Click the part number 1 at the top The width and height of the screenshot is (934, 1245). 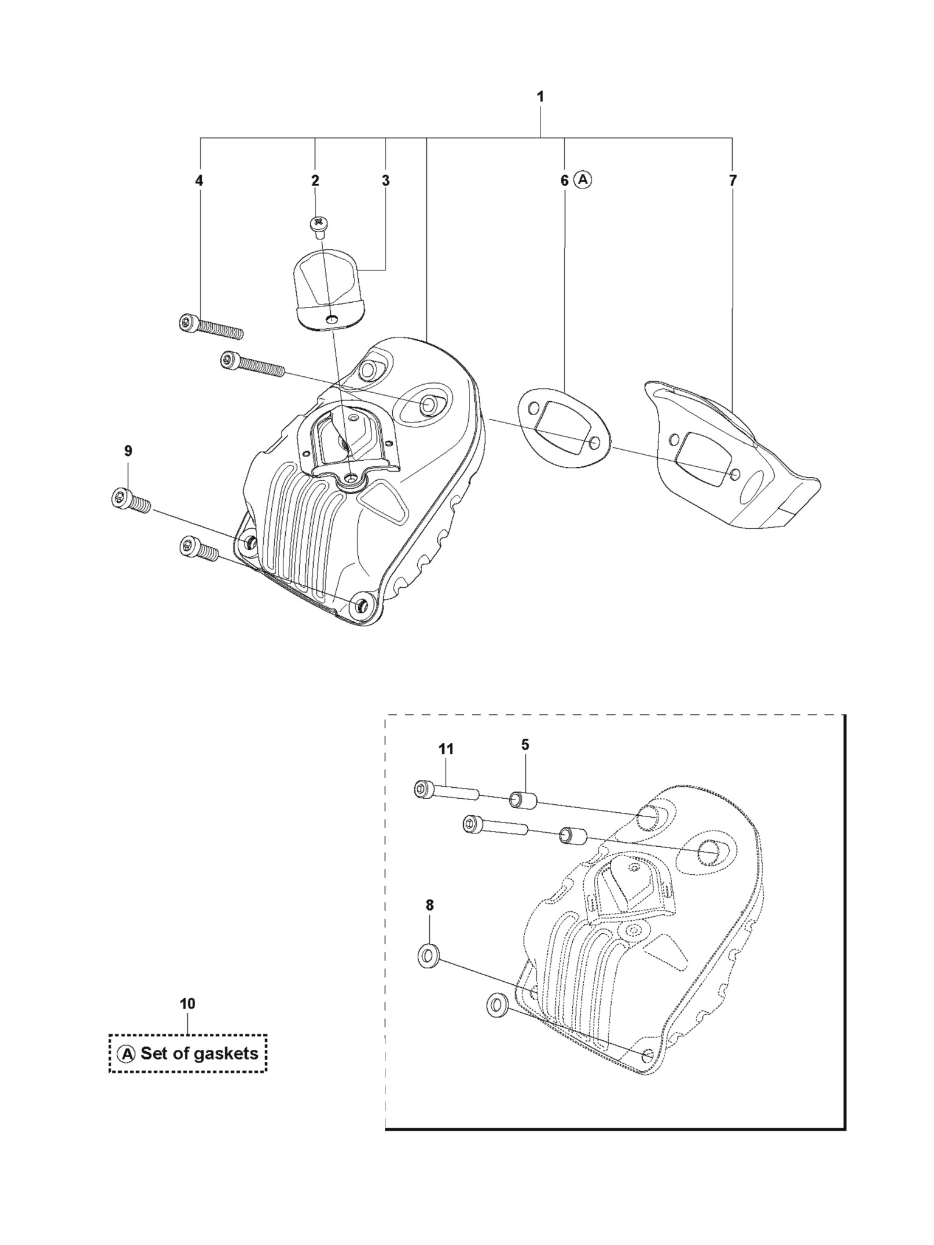coord(541,97)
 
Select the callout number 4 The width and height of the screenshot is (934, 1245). coord(199,181)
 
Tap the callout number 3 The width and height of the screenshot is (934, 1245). coord(386,181)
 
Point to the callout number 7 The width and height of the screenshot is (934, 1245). coord(733,181)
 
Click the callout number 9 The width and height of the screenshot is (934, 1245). coord(128,451)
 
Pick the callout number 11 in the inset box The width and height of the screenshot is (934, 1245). coord(446,749)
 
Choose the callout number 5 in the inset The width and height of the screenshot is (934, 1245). coord(525,745)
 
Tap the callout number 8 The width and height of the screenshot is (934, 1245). coord(430,922)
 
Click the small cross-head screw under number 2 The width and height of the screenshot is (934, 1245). coord(318,224)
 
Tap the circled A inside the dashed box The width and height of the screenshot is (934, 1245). coord(126,1054)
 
